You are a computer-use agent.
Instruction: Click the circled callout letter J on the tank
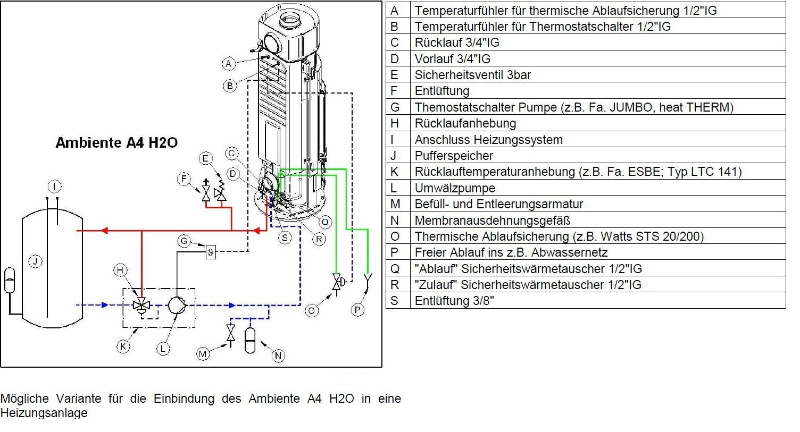click(x=35, y=261)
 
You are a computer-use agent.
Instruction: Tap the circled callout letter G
click(x=184, y=241)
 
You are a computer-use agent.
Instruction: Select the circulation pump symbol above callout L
click(x=177, y=305)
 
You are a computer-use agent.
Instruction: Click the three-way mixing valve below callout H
click(x=141, y=306)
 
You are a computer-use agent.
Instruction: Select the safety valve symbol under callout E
click(x=220, y=192)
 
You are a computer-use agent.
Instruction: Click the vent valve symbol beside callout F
click(x=206, y=192)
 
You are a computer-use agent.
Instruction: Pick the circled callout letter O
click(x=312, y=310)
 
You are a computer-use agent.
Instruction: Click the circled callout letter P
click(x=357, y=310)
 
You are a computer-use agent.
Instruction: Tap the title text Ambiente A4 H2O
click(x=116, y=142)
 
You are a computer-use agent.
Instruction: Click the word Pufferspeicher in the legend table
click(x=454, y=156)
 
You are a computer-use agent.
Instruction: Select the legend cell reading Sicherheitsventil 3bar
click(x=472, y=75)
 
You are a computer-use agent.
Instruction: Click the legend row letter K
click(x=394, y=172)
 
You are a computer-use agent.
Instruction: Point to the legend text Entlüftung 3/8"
click(x=454, y=301)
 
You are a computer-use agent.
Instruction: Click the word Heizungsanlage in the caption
click(x=44, y=413)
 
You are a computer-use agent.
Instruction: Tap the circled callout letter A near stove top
click(x=229, y=64)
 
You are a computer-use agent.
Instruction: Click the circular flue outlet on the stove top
click(x=290, y=21)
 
